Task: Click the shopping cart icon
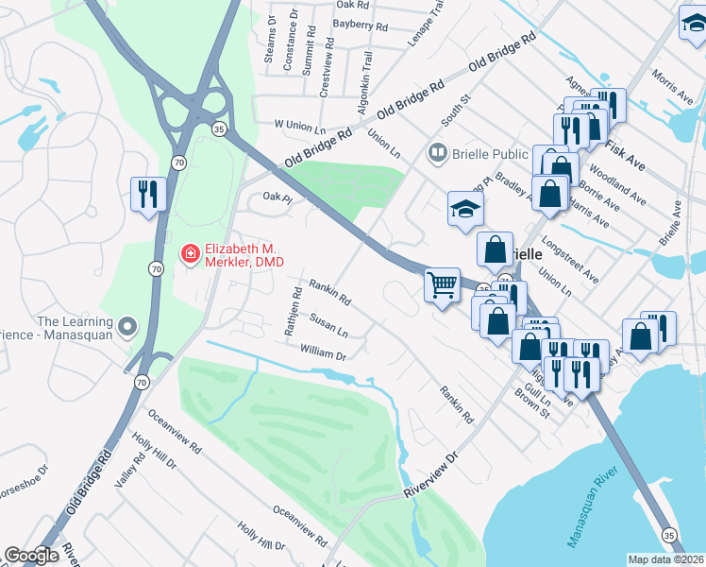point(442,284)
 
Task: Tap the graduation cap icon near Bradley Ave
point(465,209)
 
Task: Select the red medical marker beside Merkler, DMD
point(189,253)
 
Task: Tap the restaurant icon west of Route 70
point(147,194)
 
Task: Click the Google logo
point(31,556)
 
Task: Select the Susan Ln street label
point(328,327)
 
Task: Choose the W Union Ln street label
point(299,124)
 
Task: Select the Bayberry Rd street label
point(361,27)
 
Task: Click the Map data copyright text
point(666,559)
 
